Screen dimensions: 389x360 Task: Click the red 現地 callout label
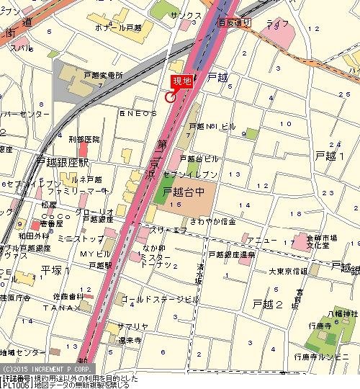pyautogui.click(x=181, y=82)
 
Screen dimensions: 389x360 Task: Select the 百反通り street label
pyautogui.click(x=234, y=23)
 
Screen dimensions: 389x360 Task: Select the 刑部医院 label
pyautogui.click(x=84, y=138)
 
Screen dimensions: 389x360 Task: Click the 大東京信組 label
pyautogui.click(x=287, y=271)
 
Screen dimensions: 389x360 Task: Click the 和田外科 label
pyautogui.click(x=33, y=234)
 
